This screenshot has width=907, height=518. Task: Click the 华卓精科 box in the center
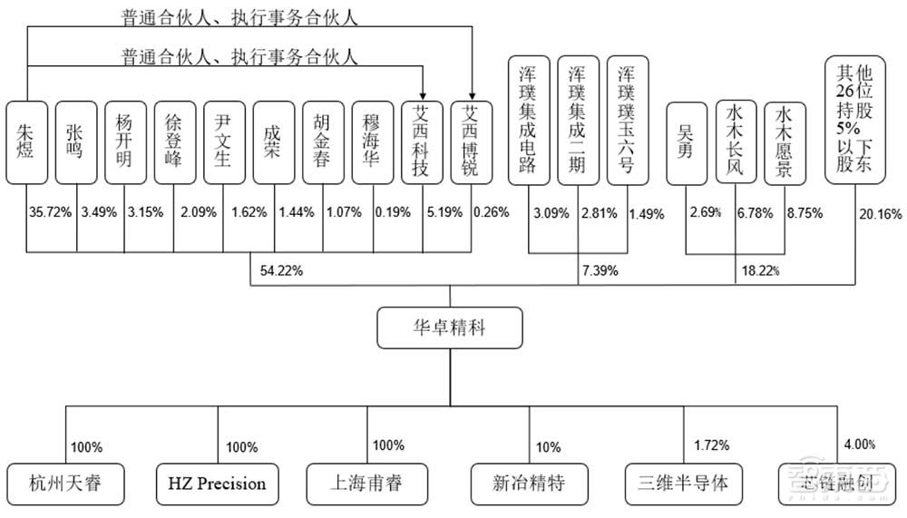coord(451,327)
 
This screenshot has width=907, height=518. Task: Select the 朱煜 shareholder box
coord(25,143)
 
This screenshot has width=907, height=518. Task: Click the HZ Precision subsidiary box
coord(217,483)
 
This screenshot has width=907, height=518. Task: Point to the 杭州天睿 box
coord(65,483)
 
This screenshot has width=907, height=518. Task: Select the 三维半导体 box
coord(684,483)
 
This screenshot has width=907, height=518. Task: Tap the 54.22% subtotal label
coord(281,269)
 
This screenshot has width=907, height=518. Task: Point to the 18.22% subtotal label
coord(760,270)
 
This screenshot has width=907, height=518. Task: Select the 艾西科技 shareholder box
coord(422,143)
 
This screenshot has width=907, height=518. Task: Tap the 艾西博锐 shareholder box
coord(471,143)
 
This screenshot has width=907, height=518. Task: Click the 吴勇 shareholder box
coord(686,143)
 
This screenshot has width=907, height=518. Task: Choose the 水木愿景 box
coord(785,143)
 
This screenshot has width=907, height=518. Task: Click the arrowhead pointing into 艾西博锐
coord(471,92)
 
